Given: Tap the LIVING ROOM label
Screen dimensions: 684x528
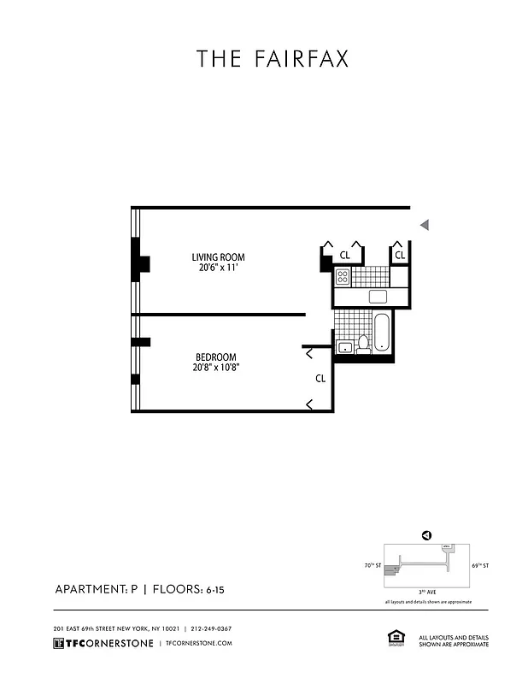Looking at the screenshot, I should coord(218,256).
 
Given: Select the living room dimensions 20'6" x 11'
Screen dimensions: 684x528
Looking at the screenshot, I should coord(218,268).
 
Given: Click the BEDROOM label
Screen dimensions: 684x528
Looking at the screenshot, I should coord(215,357).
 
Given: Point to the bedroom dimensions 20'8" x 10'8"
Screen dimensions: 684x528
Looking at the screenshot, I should coord(216,369).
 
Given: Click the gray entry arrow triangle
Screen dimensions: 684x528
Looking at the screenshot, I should coord(424,225).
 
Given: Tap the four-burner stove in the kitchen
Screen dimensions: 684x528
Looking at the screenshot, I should coord(343,276).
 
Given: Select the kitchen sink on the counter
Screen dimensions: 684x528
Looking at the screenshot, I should coord(378,297).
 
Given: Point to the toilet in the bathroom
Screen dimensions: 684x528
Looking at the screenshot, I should coord(363,344).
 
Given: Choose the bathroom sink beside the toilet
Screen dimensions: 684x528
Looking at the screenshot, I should coord(346,346).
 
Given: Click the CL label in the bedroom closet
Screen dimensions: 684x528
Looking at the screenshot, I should coord(320,378).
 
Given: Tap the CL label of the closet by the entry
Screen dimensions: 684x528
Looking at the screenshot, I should coord(399,255).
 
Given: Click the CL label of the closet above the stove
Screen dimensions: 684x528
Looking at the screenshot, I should coord(344,255).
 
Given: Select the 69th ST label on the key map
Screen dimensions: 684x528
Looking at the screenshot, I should coord(481,566).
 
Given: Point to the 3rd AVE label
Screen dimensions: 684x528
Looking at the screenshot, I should coord(425,592).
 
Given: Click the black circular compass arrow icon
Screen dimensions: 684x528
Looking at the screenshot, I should coord(426,535).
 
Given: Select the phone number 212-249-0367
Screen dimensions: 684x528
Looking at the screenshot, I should coord(212,628).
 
